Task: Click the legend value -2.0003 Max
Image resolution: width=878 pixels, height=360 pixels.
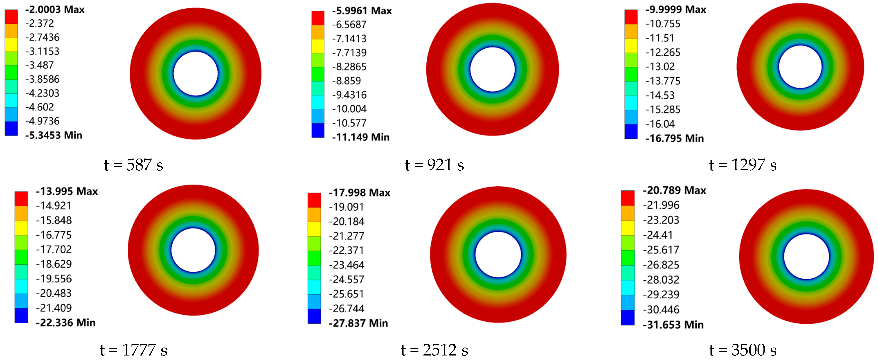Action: coord(55,10)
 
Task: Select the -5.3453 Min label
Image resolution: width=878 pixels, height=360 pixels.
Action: coord(54,135)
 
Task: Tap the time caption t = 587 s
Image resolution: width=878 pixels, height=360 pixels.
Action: coord(134,165)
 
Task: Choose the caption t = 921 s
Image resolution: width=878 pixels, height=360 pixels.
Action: coord(435,165)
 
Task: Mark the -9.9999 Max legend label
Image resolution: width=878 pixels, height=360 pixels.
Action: coord(676,10)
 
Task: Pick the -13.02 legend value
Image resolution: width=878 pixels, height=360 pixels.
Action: coord(660,66)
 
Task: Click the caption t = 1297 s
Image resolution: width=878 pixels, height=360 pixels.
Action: coord(743,165)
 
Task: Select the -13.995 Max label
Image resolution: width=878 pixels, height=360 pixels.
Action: coord(67,191)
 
